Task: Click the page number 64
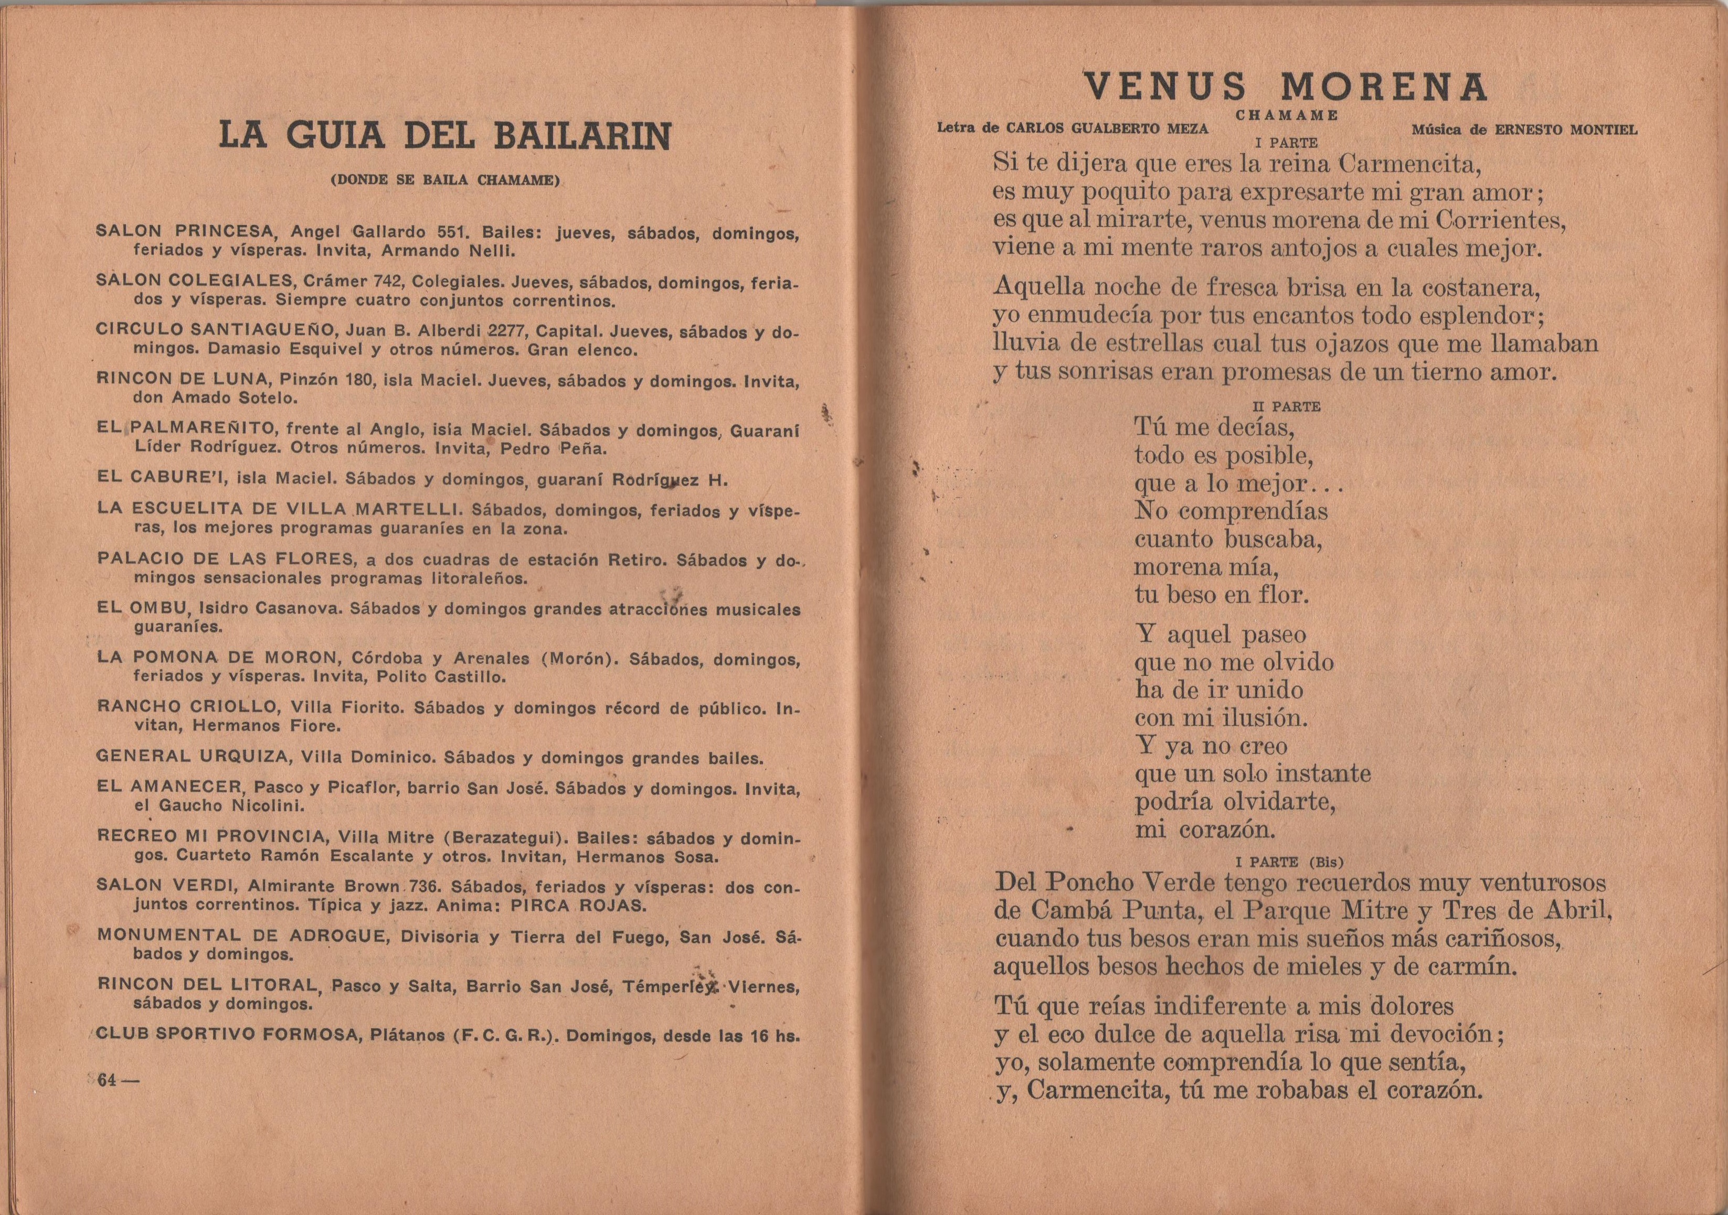[109, 1080]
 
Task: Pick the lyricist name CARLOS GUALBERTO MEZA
[1107, 128]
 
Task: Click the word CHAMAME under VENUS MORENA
[1286, 116]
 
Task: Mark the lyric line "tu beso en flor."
[1222, 595]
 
